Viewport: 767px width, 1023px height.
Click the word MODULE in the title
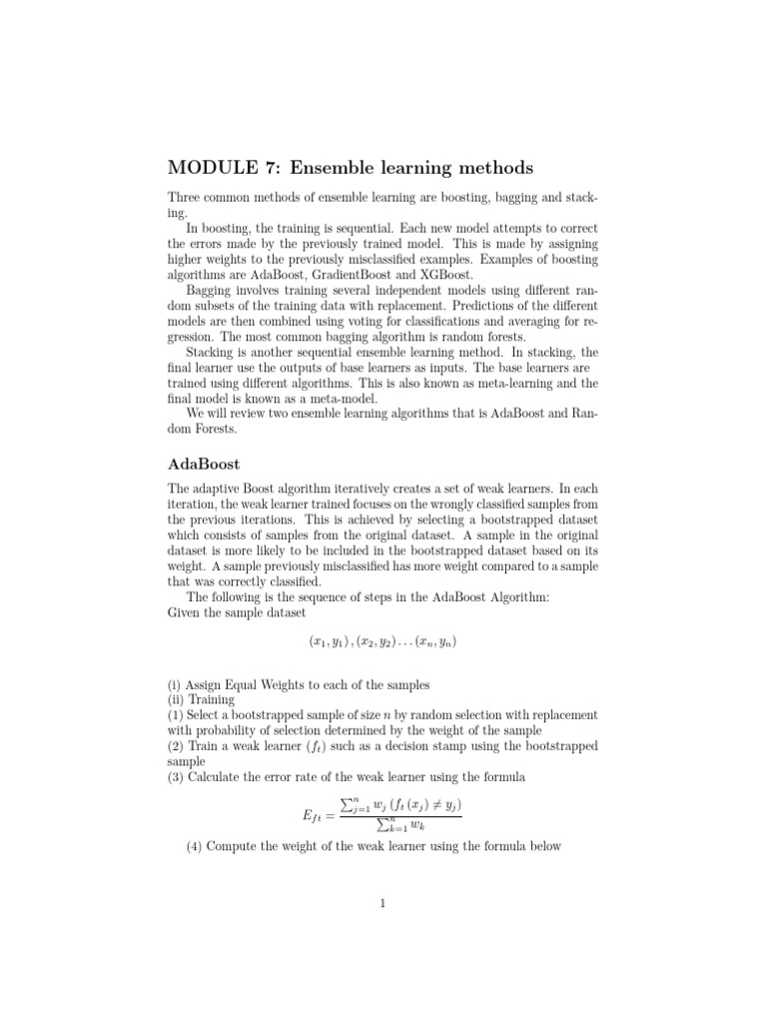pos(206,167)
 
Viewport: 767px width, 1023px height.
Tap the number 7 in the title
pos(262,167)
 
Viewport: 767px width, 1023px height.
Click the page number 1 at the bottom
pos(383,905)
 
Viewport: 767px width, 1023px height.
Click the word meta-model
pos(343,397)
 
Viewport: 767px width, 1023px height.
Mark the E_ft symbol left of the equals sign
pos(316,816)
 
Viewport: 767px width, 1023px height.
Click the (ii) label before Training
pos(177,700)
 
